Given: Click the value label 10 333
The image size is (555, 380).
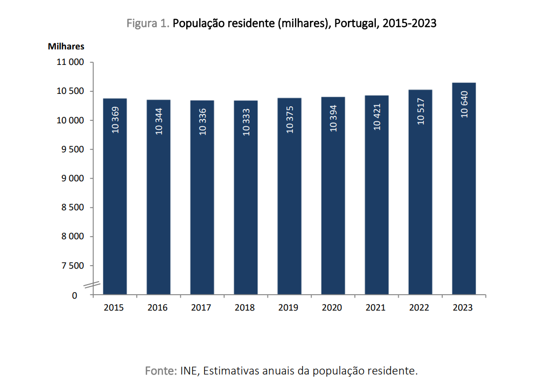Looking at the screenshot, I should coord(246,122).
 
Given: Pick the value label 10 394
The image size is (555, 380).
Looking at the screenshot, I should coord(333,118).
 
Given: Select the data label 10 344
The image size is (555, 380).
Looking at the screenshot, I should coord(159,121).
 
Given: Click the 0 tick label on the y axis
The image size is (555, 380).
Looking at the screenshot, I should coord(75,295).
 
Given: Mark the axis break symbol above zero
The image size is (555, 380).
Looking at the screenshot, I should coord(92,285).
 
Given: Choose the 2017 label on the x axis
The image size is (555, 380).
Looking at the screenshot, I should coord(201,308).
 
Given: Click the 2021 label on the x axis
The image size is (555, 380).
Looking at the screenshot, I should coord(376,308).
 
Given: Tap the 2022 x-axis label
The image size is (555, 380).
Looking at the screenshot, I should coord(419,308).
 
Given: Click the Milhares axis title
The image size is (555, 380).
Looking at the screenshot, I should coord(66,46).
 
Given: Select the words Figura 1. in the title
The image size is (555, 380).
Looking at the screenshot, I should coord(148,23).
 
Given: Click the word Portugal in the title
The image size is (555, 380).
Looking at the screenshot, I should coord(355,23).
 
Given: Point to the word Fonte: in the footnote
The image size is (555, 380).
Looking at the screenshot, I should coord(160,371).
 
